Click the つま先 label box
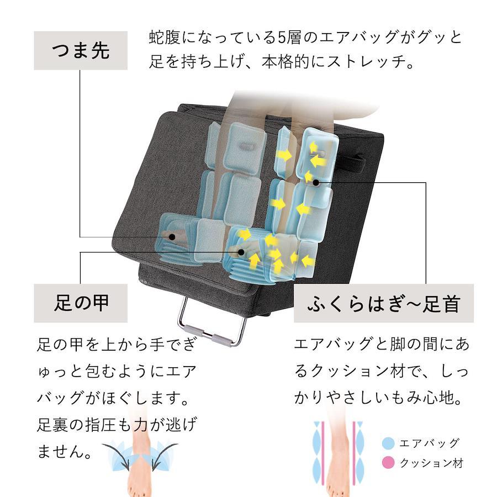pos(81,50)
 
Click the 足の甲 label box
pos(81,303)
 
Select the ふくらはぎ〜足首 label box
pos(384,303)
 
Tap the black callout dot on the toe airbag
pos(172,237)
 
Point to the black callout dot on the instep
pos(241,252)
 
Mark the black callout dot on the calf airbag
pos(316,182)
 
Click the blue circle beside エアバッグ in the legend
pos(388,443)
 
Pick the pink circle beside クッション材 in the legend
pos(388,462)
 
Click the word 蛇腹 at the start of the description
pos(165,38)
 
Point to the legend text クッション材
pos(431,463)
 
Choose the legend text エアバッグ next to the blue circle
pos(429,443)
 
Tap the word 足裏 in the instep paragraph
pos(52,425)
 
